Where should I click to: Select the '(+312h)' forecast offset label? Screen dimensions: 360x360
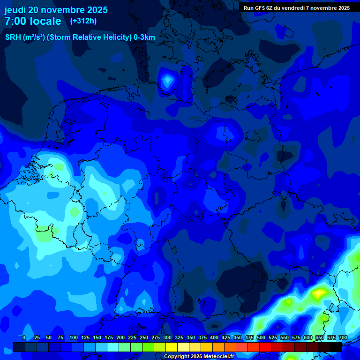(83, 21)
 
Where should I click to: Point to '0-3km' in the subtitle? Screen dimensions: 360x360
(144, 37)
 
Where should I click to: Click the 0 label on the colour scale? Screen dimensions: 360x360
(23, 337)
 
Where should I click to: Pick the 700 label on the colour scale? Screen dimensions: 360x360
(343, 337)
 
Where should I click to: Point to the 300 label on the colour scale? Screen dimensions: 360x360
(167, 337)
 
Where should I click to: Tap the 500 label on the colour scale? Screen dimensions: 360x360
(261, 337)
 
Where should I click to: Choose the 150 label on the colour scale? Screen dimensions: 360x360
(97, 337)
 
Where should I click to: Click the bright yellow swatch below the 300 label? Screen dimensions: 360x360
(172, 347)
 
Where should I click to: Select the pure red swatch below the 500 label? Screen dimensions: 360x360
(265, 347)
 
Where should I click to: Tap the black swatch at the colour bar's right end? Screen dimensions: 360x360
(336, 347)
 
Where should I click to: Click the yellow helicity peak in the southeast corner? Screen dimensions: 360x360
(319, 293)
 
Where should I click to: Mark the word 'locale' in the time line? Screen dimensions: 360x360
(45, 21)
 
